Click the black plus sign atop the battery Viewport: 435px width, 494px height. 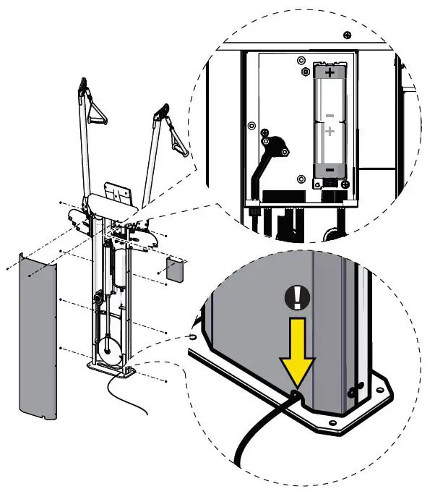tap(330, 73)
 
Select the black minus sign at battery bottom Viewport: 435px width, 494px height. tap(330, 169)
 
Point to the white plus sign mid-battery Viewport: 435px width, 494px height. tap(330, 132)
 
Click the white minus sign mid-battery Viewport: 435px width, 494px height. tap(330, 114)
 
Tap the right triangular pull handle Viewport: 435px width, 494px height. tap(176, 139)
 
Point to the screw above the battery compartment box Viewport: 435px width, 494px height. tap(348, 35)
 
